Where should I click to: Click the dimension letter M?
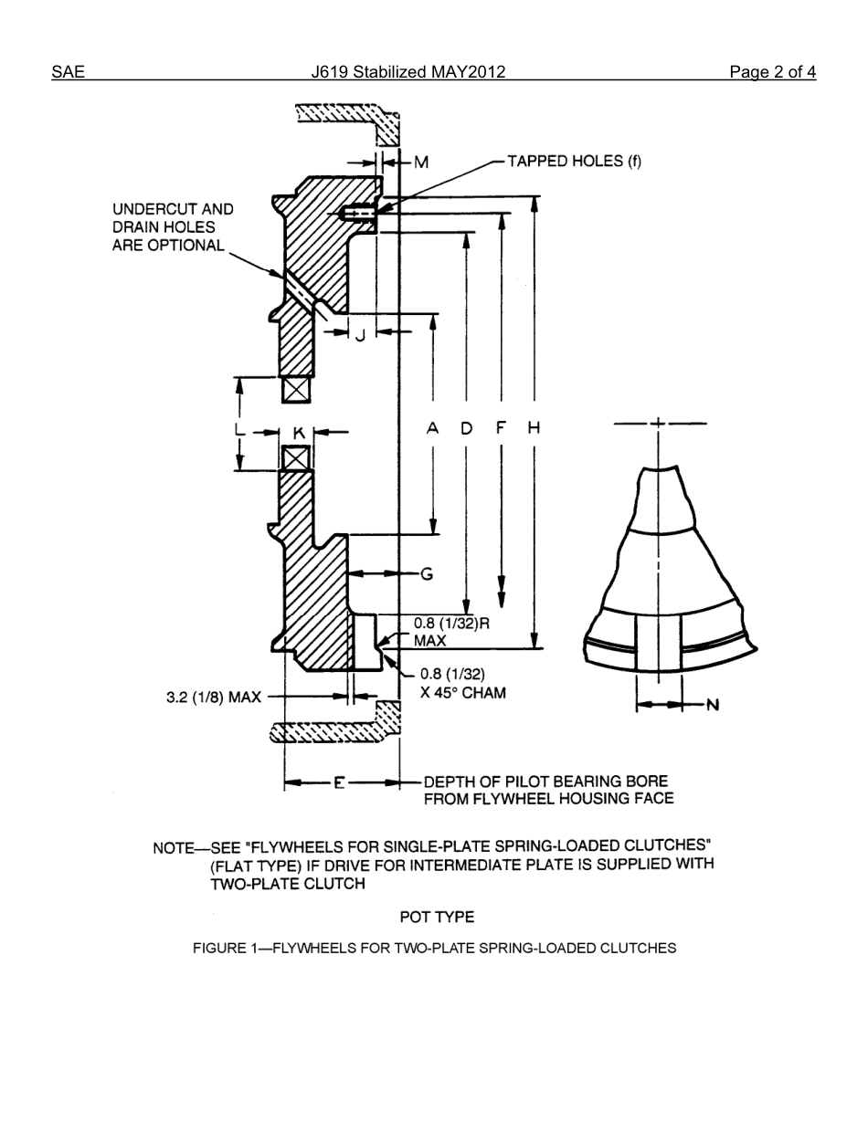tap(421, 163)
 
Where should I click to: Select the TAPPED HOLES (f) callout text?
tap(574, 162)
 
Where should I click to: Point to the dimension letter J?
tap(361, 335)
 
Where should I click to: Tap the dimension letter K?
tap(299, 433)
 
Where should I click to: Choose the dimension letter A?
tap(433, 427)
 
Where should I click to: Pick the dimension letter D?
tap(467, 427)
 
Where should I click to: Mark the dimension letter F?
tap(501, 427)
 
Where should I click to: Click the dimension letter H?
tap(535, 427)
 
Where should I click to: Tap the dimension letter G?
tap(426, 574)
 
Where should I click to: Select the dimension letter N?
tap(713, 705)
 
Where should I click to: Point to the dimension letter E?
tap(339, 783)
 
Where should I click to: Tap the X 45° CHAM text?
tap(462, 692)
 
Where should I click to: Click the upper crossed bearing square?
tap(296, 390)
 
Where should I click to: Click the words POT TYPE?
tap(437, 917)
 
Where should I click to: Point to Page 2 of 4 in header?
tap(772, 72)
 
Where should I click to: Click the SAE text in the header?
tap(68, 72)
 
